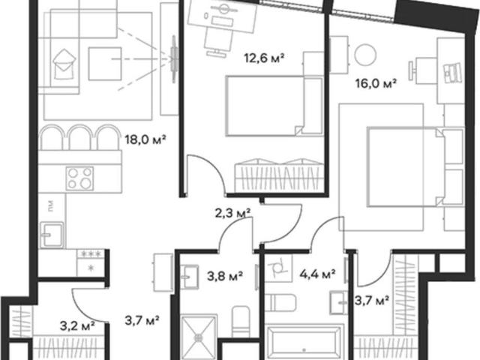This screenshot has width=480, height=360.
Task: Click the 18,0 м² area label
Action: tap(145, 140)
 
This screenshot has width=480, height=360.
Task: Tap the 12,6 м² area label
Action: tap(265, 58)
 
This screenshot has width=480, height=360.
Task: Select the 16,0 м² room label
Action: tap(376, 83)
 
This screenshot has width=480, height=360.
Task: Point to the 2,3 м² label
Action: tap(232, 213)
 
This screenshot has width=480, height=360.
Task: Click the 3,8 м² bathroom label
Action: tap(225, 276)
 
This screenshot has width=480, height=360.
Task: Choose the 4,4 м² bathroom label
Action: tap(317, 274)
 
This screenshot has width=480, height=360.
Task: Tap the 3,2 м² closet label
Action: tap(77, 326)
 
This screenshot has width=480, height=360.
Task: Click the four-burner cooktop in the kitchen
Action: tap(79, 178)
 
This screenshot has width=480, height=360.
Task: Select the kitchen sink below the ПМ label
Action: tap(52, 235)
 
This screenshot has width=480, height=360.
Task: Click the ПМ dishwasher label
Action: tap(51, 206)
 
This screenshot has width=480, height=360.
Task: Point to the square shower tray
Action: tap(198, 337)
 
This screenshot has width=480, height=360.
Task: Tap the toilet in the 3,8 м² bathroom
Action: tap(241, 322)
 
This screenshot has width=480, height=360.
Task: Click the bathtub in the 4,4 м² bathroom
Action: tap(304, 343)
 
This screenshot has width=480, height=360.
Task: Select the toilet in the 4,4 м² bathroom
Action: tap(280, 302)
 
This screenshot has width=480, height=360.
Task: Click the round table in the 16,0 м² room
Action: tap(365, 55)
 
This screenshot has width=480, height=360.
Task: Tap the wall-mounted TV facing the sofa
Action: tap(174, 59)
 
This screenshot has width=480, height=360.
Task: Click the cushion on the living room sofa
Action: tap(64, 64)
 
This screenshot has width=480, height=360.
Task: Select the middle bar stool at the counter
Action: tap(79, 136)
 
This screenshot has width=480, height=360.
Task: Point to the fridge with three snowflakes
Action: tap(91, 262)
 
